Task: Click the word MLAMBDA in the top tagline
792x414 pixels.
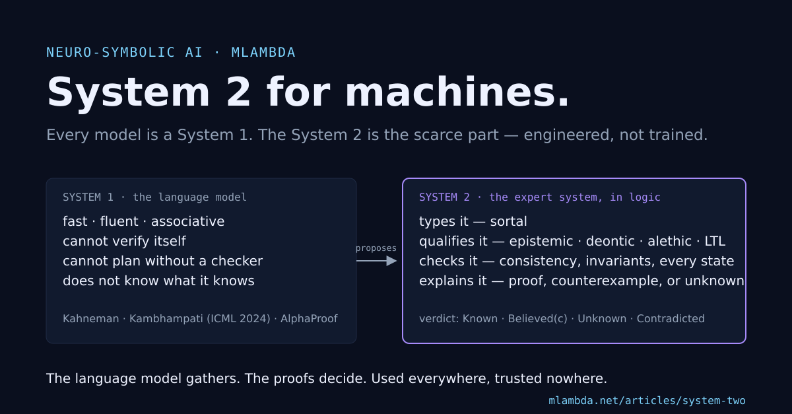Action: coord(263,52)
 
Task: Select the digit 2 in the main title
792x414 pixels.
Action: coord(238,92)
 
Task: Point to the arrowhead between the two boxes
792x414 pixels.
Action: coord(392,261)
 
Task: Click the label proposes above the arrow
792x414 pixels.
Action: coord(376,248)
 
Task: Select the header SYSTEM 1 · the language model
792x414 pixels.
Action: coord(154,197)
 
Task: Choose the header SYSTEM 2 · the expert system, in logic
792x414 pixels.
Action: coord(540,197)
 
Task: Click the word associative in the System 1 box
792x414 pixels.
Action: coord(187,221)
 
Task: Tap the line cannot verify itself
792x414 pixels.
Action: coord(124,241)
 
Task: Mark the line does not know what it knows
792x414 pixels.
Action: coord(158,281)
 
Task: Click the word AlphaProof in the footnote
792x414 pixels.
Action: coord(309,319)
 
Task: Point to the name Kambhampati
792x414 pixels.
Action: coord(166,319)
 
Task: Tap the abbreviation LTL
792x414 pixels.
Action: coord(715,241)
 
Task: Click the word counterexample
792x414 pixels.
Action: coord(607,281)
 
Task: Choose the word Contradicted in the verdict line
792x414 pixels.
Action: coord(671,319)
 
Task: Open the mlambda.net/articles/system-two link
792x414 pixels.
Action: coord(647,401)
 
